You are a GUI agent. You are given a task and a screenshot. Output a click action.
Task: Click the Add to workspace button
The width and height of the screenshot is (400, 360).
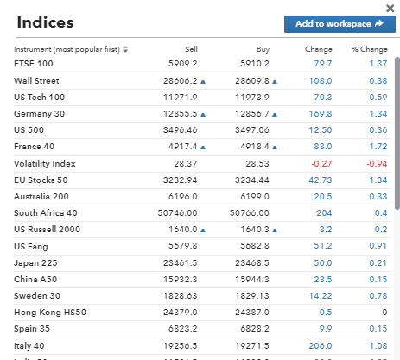coord(333,24)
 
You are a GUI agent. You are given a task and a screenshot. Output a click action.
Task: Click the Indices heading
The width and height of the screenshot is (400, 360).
coord(45,22)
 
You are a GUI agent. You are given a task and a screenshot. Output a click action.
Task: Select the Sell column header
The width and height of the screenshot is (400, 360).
coord(191,49)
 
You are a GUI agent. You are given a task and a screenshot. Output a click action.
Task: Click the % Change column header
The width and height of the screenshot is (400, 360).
coord(369,49)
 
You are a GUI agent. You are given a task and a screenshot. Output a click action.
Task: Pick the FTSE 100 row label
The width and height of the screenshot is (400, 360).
coord(34,63)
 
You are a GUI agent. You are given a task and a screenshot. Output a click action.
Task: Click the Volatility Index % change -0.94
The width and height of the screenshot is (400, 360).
coord(376,163)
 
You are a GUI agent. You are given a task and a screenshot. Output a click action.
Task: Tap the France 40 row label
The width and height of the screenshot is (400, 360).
coord(34,147)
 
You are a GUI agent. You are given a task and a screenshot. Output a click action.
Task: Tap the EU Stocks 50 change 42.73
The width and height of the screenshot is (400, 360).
coord(320,180)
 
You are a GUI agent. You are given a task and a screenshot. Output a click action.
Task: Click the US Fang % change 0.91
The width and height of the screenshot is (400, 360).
coord(377,246)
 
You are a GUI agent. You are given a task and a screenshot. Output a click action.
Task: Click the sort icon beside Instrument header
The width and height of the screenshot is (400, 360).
coord(126,50)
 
